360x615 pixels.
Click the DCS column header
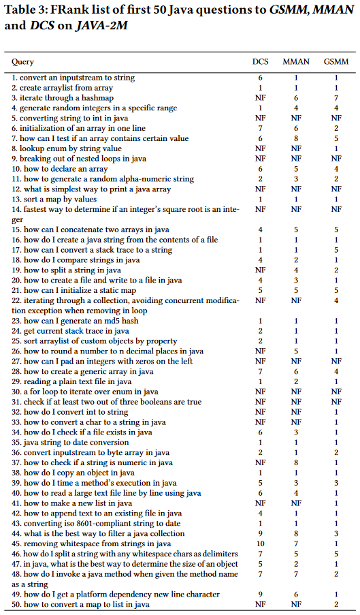259,62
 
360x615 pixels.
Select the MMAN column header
296,62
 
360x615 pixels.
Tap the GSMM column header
336,62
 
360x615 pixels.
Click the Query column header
22,62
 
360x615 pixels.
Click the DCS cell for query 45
259,544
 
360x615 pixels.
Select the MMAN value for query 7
296,138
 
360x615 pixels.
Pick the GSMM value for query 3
336,98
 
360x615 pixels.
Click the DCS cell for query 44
259,534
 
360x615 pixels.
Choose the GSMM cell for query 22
336,300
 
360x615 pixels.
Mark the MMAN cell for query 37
296,462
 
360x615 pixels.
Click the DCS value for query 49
259,595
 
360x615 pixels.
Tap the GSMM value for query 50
336,605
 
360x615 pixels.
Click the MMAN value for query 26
296,351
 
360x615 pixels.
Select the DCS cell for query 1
259,78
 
